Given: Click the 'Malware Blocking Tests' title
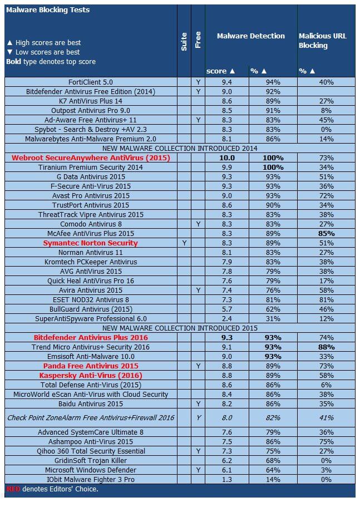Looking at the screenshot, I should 47,10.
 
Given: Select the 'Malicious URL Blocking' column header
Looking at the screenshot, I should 323,41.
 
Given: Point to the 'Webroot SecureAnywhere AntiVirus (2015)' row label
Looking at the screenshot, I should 91,158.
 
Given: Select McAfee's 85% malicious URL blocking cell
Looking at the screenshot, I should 327,234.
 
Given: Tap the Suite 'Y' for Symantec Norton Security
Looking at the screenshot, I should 184,243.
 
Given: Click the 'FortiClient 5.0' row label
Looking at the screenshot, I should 91,82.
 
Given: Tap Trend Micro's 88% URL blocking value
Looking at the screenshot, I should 327,347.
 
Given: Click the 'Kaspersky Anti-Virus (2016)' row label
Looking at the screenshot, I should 91,376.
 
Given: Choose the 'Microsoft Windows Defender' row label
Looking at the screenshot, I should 91,470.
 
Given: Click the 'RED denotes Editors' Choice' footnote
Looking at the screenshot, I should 52,489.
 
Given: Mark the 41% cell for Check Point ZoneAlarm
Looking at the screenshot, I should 327,417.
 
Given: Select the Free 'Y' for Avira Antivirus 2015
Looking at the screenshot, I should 198,291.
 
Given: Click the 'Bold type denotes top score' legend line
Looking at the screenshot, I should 51,62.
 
